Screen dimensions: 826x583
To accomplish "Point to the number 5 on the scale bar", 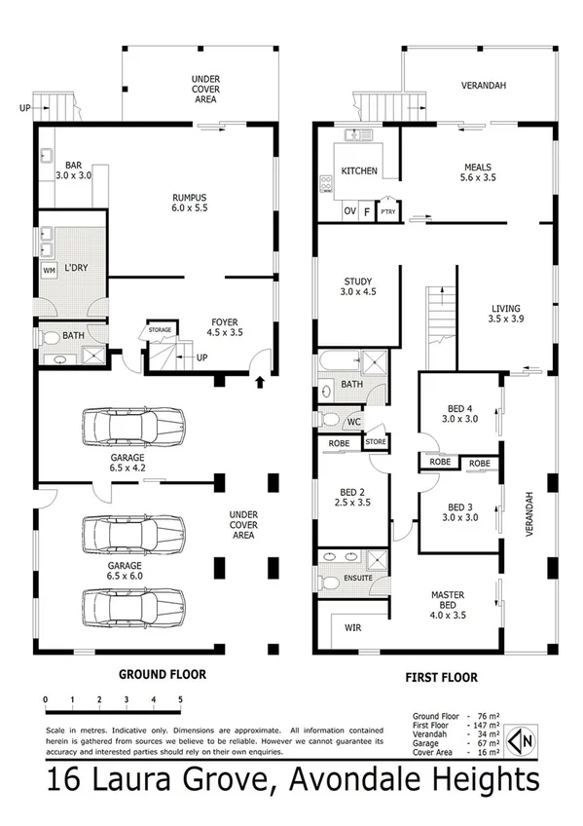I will [180, 699].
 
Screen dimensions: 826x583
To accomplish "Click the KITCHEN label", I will [359, 171].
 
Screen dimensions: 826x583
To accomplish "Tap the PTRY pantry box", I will [388, 211].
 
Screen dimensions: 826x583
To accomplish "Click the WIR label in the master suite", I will [351, 628].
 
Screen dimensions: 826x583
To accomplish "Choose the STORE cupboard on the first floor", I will [376, 442].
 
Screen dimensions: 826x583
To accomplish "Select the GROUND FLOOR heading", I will [162, 673].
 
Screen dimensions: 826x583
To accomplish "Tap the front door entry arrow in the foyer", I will [259, 380].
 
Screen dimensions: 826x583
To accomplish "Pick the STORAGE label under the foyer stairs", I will [160, 330].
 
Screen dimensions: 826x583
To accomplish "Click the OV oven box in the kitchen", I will [348, 211].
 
